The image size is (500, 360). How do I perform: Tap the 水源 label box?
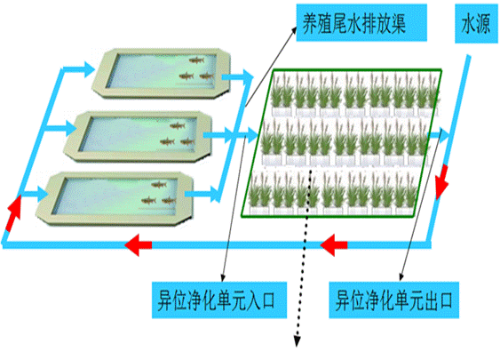coord(476,23)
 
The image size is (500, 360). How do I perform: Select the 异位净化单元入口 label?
coord(219,300)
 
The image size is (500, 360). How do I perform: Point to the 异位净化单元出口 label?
coord(394,300)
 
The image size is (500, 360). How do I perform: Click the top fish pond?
coord(162,73)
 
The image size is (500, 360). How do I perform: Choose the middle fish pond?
coord(138,136)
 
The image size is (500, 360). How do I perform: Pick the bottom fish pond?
coord(115,198)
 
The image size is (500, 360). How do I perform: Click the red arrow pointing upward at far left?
coord(13,212)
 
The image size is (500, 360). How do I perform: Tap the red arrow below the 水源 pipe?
coord(442,182)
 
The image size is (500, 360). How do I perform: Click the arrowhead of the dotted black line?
coord(297,340)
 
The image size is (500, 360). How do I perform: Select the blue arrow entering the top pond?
coord(78,69)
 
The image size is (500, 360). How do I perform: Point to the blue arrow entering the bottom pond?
coord(36,194)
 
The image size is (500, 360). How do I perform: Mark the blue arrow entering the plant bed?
coord(246,135)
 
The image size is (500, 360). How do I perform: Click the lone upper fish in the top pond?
coord(196,60)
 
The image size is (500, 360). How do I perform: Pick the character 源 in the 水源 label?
coord(483,24)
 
